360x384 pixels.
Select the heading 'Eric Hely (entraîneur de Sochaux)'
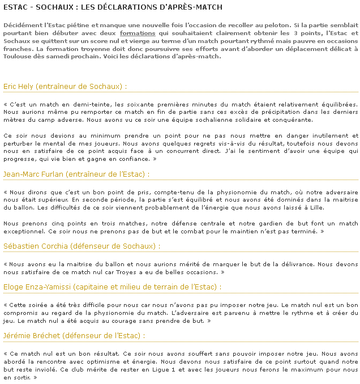tap(65, 86)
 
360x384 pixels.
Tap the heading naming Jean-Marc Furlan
tap(76, 174)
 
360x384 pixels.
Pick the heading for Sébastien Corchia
tap(82, 246)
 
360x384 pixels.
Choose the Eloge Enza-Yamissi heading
tap(112, 287)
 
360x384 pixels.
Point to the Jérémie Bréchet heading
tap(74, 335)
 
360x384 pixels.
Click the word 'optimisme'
tap(136, 361)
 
